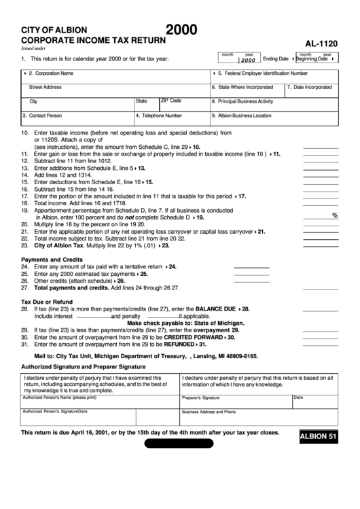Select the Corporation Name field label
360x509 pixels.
[x=51, y=73]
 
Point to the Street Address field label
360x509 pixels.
[x=45, y=87]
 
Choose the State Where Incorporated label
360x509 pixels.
[x=242, y=88]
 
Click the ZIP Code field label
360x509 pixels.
[x=170, y=101]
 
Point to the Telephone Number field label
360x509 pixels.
[x=160, y=116]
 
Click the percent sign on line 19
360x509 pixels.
[x=335, y=216]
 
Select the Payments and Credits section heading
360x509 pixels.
[x=52, y=260]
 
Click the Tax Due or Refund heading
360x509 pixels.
[x=47, y=302]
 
